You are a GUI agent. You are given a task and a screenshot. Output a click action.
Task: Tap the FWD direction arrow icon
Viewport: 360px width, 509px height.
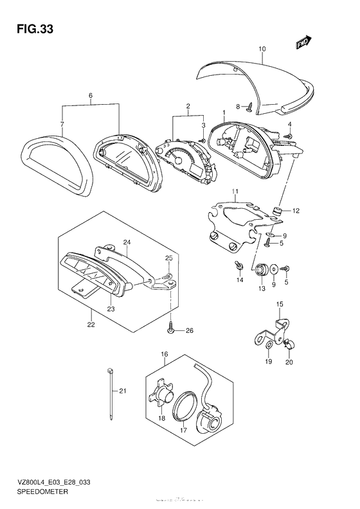click(x=303, y=42)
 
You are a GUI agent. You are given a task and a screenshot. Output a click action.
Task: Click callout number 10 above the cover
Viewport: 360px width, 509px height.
click(x=262, y=49)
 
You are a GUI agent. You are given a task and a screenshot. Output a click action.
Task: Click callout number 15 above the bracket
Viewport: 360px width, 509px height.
click(x=279, y=304)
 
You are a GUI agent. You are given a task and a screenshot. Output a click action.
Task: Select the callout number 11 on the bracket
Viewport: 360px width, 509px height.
click(x=235, y=192)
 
